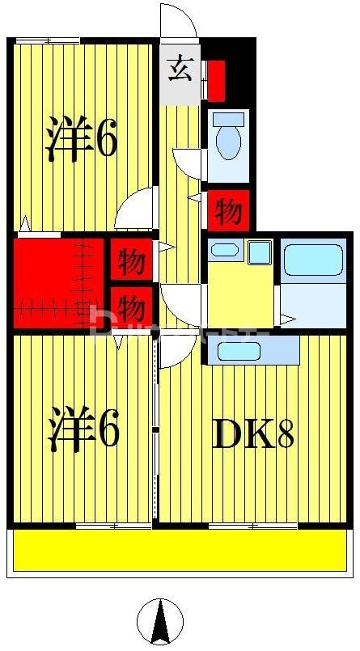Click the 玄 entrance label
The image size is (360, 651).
click(x=180, y=70)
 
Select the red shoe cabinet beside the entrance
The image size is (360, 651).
click(x=216, y=78)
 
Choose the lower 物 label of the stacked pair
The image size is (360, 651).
click(x=131, y=307)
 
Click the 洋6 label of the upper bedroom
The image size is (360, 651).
click(x=81, y=140)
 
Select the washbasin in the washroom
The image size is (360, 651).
click(x=224, y=250)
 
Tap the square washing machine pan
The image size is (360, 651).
click(x=260, y=252)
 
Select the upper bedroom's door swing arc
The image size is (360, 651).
click(x=136, y=209)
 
